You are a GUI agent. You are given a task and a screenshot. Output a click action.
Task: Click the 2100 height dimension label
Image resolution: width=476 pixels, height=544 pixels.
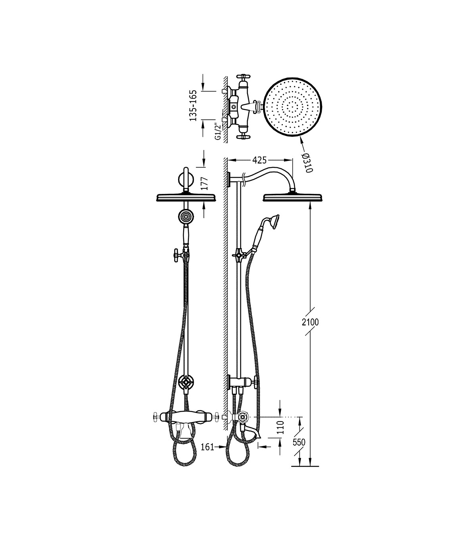(x=310, y=322)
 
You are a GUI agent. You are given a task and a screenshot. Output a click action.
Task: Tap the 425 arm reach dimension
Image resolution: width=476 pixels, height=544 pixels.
(x=259, y=160)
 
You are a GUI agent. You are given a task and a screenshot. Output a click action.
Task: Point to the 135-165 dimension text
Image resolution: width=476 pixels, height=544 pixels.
(x=193, y=105)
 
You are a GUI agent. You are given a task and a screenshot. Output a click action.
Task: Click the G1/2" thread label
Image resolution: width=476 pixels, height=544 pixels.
(x=218, y=131)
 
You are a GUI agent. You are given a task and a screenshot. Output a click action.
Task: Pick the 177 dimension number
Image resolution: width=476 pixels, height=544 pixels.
(x=204, y=184)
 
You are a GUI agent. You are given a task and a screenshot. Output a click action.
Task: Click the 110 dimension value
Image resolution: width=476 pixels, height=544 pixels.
(x=280, y=427)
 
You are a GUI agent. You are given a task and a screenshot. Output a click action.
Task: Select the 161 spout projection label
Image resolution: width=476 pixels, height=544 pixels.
(x=207, y=447)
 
